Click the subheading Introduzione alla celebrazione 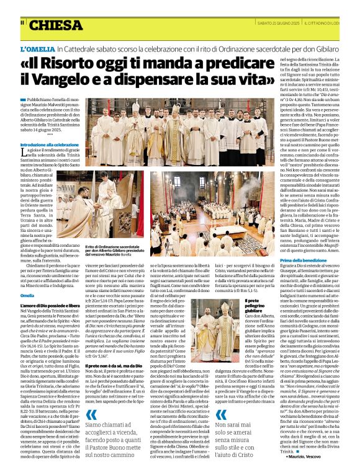(x=49, y=144)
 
